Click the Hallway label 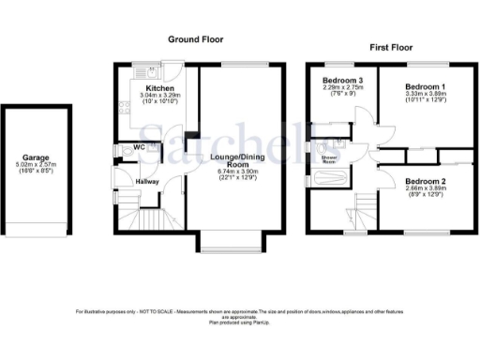pyautogui.click(x=146, y=182)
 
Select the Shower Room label pyautogui.click(x=330, y=159)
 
